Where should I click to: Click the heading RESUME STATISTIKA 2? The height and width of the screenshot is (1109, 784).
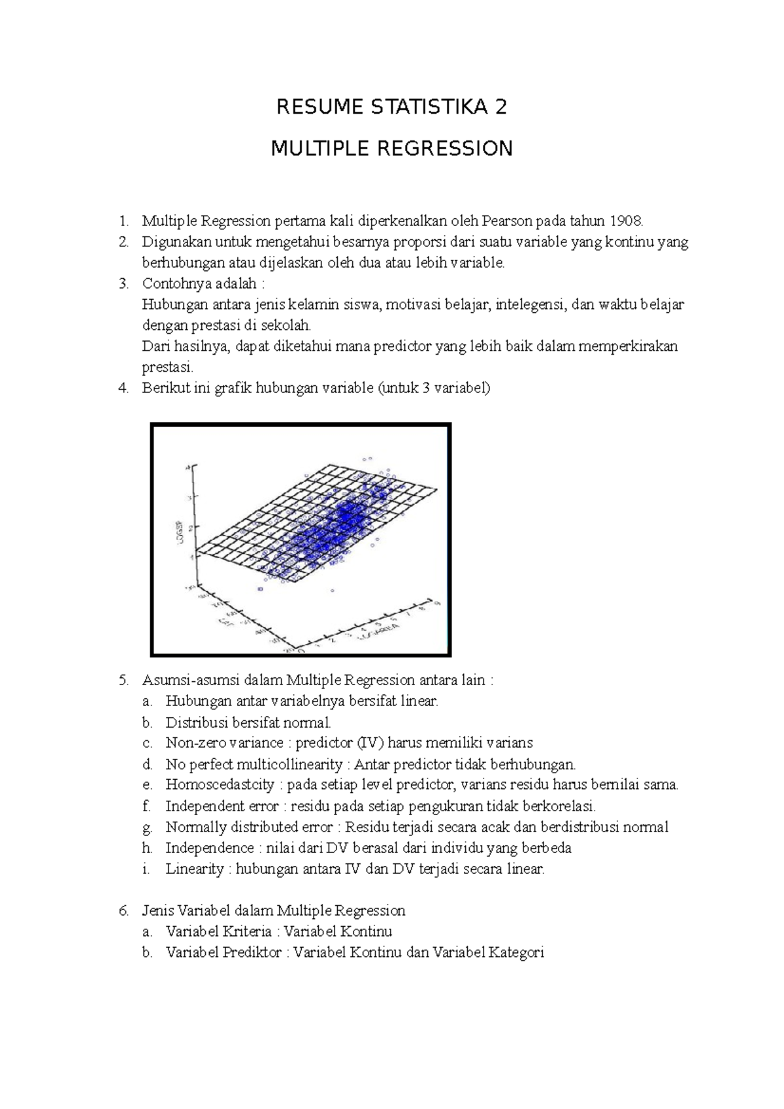391,107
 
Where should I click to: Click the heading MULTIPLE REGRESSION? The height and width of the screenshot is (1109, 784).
391,149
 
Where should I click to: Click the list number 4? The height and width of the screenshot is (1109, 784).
123,388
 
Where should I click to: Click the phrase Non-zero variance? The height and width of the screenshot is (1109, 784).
224,743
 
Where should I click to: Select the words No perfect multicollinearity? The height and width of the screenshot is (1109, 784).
253,764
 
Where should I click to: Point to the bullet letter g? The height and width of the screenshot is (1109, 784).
146,828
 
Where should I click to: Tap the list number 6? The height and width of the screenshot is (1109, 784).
123,910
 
